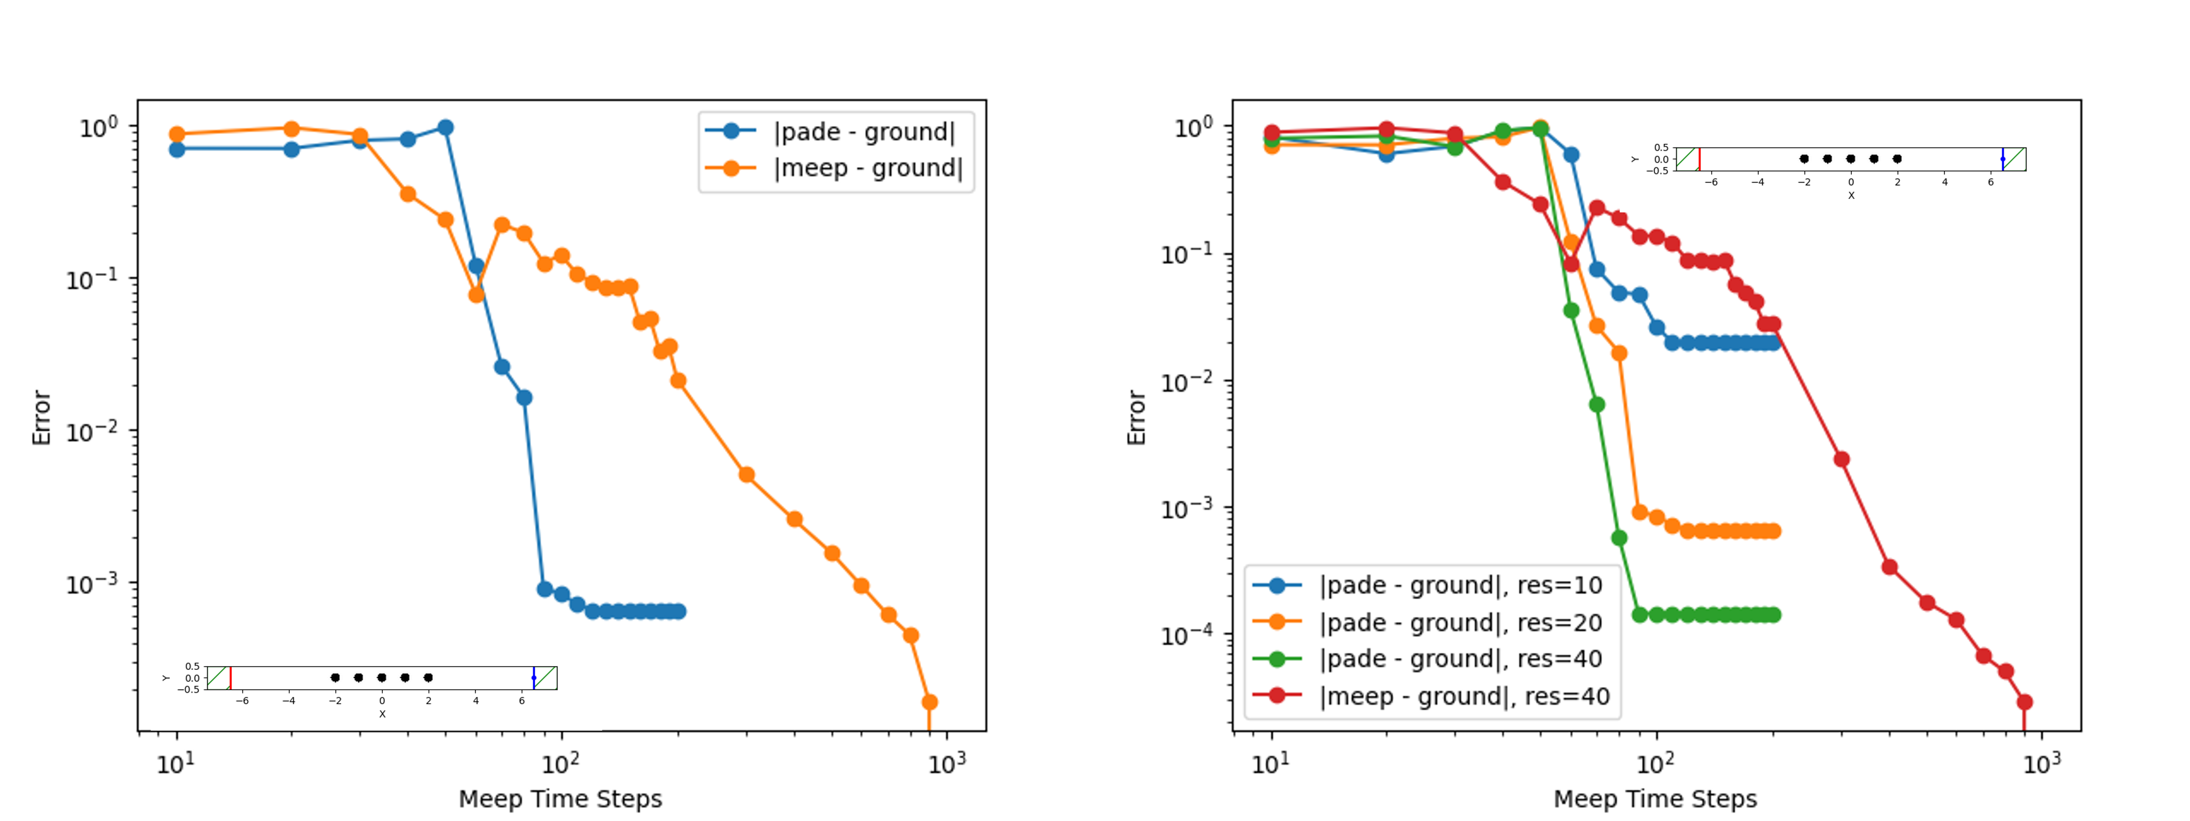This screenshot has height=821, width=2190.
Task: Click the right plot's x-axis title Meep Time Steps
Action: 1654,799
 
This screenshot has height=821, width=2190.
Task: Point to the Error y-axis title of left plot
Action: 42,418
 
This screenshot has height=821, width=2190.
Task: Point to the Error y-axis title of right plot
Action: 1137,418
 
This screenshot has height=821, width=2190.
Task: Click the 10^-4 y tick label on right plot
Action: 1187,635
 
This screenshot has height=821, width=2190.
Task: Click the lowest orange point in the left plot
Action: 929,702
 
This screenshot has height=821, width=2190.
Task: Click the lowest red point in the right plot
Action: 2024,702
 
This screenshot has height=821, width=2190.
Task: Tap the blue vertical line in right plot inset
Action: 2003,159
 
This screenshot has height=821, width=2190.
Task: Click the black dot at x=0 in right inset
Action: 1851,159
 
